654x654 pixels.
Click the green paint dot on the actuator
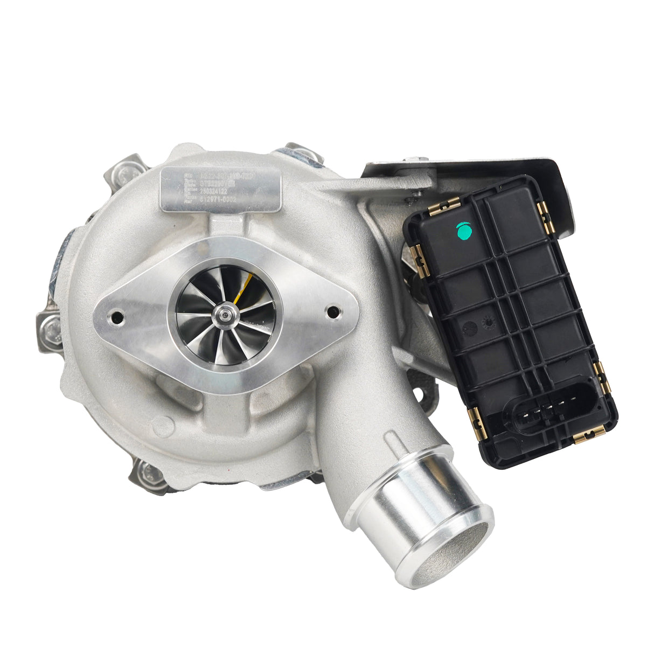tap(464, 231)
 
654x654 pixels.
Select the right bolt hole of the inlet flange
tap(333, 312)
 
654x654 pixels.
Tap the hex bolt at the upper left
tap(127, 172)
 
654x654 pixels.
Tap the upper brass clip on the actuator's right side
tap(547, 218)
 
